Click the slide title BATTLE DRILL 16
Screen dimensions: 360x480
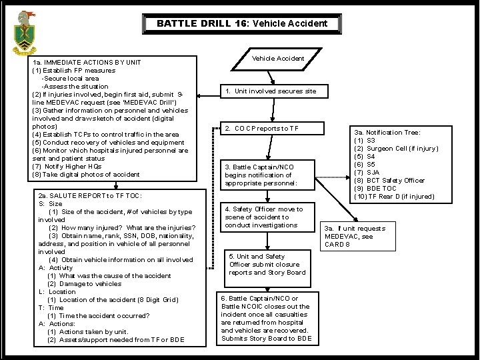pyautogui.click(x=242, y=23)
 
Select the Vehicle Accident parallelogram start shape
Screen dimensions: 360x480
pyautogui.click(x=278, y=59)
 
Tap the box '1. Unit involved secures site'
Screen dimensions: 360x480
pyautogui.click(x=270, y=91)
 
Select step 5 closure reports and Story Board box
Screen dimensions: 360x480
pyautogui.click(x=268, y=264)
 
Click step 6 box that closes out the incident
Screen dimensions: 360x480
pyautogui.click(x=266, y=319)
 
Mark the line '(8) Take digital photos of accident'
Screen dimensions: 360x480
pyautogui.click(x=86, y=174)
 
